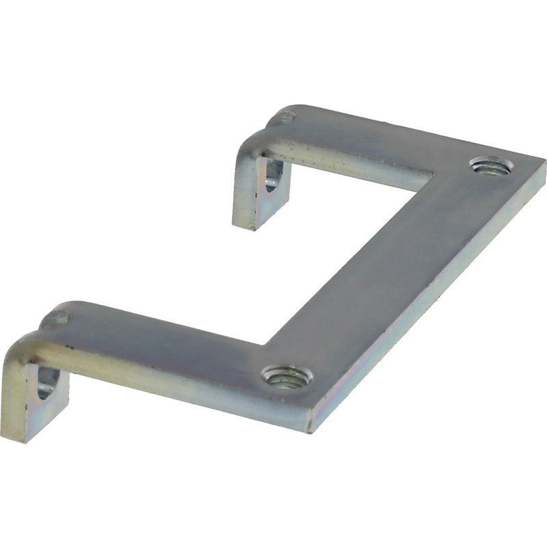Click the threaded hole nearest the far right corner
pyautogui.click(x=490, y=165)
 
